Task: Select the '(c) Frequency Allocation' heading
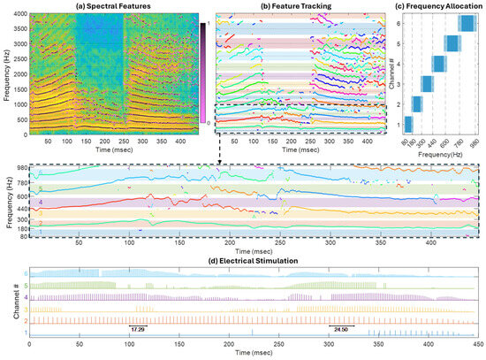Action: point(439,6)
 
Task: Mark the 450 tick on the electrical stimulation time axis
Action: point(476,348)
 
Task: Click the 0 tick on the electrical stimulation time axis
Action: point(30,348)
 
